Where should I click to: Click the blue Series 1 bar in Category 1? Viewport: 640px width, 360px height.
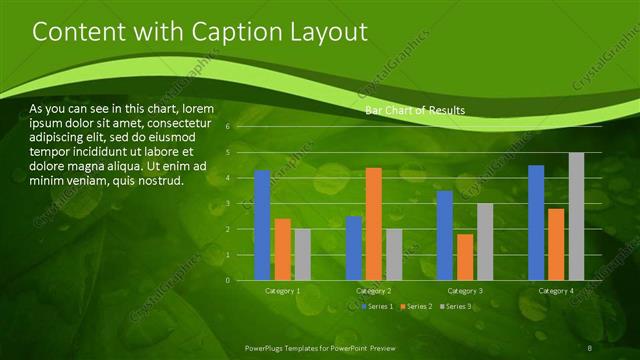262,225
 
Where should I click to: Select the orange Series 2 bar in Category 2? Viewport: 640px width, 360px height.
374,224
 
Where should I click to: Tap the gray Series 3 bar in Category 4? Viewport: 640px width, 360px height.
576,216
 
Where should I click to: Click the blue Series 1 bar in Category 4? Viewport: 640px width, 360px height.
536,222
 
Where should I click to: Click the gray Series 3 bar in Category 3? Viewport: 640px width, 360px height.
485,241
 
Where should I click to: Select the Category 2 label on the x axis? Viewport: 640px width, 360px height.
374,290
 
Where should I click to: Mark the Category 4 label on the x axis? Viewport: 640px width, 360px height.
556,290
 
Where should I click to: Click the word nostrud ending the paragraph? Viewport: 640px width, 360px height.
160,181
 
